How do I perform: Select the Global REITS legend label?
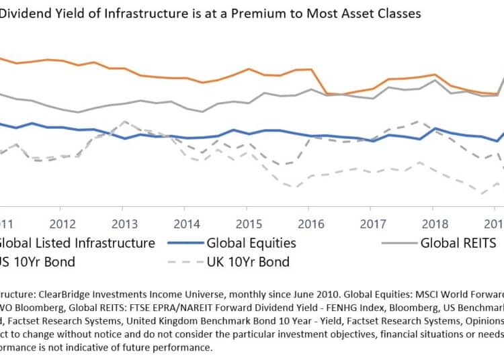[458, 242]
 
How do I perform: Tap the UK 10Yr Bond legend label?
[247, 261]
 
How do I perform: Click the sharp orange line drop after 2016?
[323, 83]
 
